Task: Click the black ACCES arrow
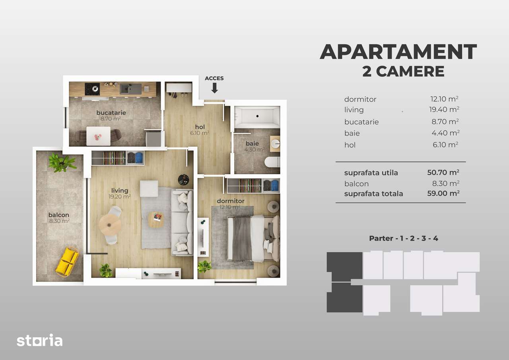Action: tap(214, 88)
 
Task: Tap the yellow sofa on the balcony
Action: tap(67, 261)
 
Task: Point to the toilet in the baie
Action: tap(272, 162)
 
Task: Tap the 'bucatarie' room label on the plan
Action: tap(111, 113)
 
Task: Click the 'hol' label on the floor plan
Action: tap(200, 127)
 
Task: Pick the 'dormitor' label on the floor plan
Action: tap(231, 201)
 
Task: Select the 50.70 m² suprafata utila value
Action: tap(441, 173)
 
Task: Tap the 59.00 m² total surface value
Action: tap(441, 194)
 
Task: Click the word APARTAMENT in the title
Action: tap(398, 52)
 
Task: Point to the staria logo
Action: tap(39, 341)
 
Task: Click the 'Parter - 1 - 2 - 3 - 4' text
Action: tap(404, 238)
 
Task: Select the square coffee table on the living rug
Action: tap(155, 219)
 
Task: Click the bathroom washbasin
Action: tap(275, 143)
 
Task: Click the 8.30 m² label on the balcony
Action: tap(59, 221)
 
